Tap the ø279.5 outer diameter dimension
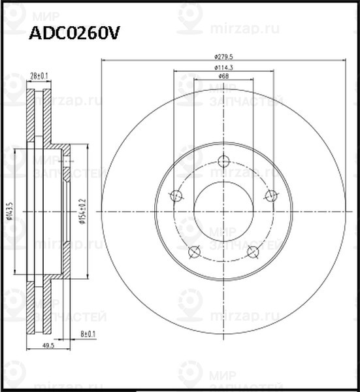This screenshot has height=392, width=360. point(223,56)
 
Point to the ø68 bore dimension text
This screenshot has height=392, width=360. point(223,77)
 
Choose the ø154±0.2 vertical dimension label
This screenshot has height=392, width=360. point(82,212)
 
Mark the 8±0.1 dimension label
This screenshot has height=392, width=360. point(88,335)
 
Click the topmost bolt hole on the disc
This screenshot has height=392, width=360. point(223,161)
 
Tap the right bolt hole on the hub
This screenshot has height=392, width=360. point(271,195)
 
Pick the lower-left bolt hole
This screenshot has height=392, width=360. point(194,252)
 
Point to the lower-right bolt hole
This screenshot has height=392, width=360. point(254,252)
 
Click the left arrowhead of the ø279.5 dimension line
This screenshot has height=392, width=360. point(105,61)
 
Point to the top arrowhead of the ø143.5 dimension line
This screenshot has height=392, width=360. point(16,148)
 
